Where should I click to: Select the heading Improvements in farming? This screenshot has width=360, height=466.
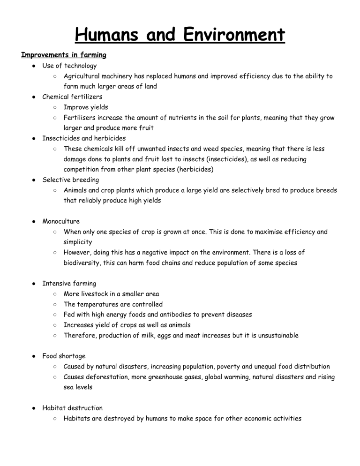[64, 55]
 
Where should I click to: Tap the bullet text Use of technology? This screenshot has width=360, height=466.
[69, 66]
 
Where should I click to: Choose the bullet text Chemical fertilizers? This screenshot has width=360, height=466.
[72, 97]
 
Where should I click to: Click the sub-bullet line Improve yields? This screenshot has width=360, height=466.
[86, 107]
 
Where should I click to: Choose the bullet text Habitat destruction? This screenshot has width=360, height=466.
[72, 408]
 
